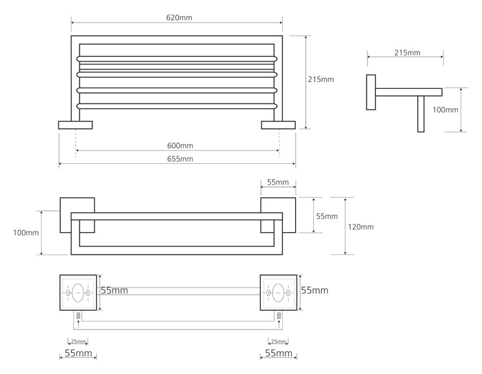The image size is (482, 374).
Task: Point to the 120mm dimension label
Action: [x=360, y=227]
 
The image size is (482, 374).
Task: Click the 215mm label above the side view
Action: [x=407, y=53]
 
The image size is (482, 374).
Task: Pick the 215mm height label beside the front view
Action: [x=321, y=79]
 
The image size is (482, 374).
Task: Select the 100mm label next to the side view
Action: [x=446, y=110]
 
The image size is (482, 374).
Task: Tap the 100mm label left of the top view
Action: [x=26, y=233]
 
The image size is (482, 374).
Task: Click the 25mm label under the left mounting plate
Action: [x=78, y=341]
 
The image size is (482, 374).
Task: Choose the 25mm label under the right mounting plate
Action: [x=278, y=341]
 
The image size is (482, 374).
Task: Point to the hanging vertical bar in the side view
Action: [x=421, y=114]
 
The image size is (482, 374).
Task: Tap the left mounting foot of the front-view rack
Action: [x=76, y=125]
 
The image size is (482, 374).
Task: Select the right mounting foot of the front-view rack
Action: [x=278, y=125]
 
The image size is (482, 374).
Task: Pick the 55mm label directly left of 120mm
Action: [x=327, y=216]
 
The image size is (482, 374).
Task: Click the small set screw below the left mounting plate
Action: [x=78, y=316]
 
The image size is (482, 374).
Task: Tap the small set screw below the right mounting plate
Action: [x=279, y=316]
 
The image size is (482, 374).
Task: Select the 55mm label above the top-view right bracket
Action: [x=278, y=183]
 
